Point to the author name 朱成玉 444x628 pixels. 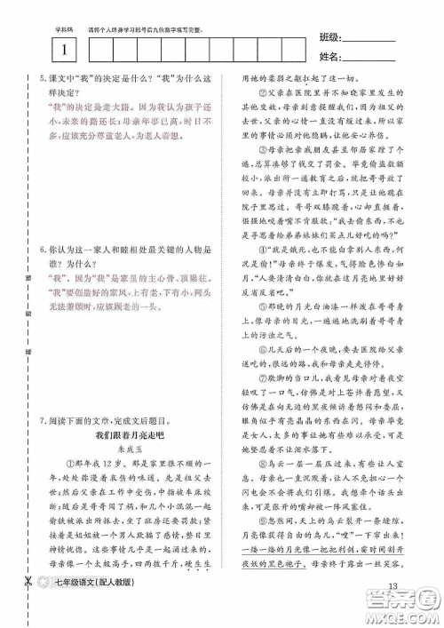coord(126,449)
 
